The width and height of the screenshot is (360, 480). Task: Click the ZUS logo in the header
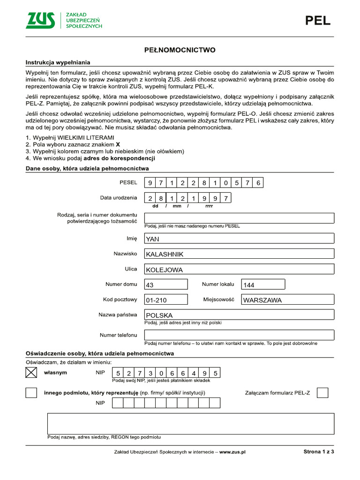(40, 20)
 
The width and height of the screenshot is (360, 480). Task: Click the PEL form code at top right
(318, 21)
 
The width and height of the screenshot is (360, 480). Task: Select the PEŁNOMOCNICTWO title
(180, 50)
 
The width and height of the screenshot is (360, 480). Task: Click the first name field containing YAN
(239, 239)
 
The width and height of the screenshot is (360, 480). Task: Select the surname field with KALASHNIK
(239, 254)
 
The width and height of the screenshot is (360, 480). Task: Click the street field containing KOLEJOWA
(239, 269)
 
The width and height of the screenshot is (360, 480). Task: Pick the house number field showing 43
(166, 284)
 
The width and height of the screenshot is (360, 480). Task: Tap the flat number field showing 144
(262, 284)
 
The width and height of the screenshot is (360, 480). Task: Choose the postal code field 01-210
(166, 300)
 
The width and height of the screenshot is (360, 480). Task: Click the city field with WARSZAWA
(287, 300)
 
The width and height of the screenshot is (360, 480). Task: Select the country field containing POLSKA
(239, 315)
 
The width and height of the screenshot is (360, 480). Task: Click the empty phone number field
(239, 335)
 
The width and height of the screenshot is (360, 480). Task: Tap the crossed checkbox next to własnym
(31, 373)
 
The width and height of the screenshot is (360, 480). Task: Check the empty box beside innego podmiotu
(31, 393)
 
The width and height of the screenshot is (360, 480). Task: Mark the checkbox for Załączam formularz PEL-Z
(322, 393)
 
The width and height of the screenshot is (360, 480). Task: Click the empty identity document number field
(239, 217)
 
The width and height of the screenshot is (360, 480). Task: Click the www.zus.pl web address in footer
(232, 452)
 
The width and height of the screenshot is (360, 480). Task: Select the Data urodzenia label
(119, 198)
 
